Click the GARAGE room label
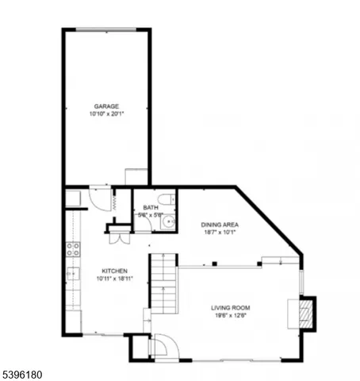click(x=107, y=106)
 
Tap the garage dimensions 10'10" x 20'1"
click(x=107, y=114)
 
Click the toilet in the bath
click(x=166, y=198)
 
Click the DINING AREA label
click(x=221, y=225)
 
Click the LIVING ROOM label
click(x=230, y=307)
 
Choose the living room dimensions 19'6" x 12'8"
click(x=230, y=316)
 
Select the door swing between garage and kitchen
click(x=101, y=198)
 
